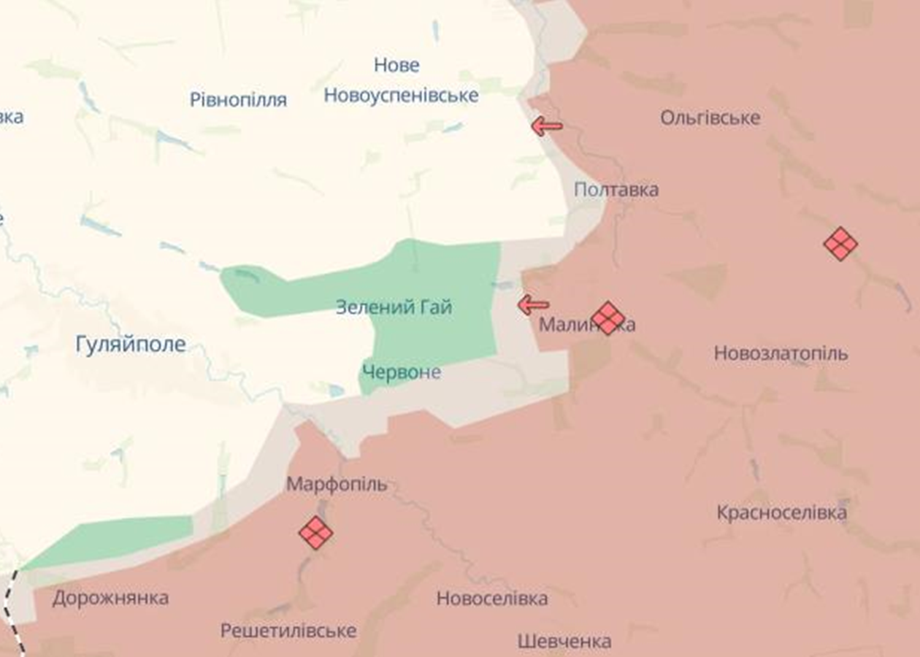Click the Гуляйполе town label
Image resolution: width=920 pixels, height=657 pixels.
(131, 344)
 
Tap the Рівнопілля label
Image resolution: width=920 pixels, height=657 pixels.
(238, 100)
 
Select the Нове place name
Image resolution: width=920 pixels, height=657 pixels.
(396, 65)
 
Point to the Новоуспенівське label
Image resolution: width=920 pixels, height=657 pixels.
(401, 95)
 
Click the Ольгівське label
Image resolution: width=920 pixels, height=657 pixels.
(710, 118)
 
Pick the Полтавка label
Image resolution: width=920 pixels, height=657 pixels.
(616, 190)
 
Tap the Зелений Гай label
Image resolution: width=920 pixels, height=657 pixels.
(394, 307)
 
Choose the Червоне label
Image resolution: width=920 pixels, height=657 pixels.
(402, 372)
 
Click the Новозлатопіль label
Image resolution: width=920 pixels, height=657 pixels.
(781, 353)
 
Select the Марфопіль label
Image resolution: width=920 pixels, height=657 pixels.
(337, 484)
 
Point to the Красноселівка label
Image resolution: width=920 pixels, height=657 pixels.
(781, 512)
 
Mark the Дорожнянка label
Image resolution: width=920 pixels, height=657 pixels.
(110, 598)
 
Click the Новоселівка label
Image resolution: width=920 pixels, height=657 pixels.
(491, 599)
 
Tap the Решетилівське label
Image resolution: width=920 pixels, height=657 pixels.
(288, 630)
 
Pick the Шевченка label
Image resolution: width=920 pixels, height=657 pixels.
(564, 642)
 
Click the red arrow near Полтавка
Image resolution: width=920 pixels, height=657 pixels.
(547, 126)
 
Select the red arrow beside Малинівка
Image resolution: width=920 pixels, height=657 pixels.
(534, 304)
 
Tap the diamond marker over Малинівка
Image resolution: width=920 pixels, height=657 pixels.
(608, 318)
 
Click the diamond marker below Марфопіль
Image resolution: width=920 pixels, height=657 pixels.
(316, 533)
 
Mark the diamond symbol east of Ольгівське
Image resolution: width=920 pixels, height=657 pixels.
(840, 244)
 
